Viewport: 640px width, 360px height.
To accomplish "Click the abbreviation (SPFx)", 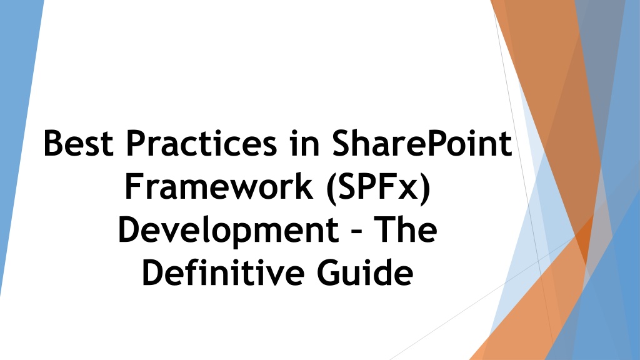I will (375, 188).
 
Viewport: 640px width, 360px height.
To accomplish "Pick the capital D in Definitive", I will (153, 273).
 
